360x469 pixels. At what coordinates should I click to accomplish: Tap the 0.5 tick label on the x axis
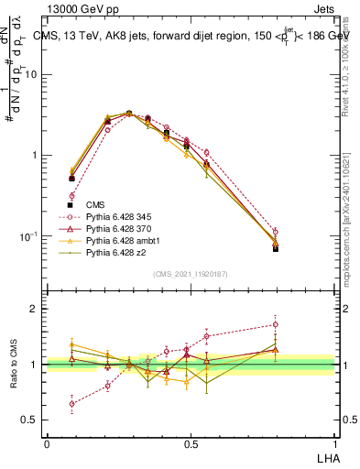point(191,444)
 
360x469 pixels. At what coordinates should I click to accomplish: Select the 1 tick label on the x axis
point(334,444)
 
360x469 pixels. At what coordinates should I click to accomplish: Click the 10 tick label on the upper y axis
point(29,75)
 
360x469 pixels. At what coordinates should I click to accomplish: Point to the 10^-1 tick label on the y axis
point(27,235)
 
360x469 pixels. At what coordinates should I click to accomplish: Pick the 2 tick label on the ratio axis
point(33,310)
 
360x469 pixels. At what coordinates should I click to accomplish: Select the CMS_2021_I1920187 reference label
point(190,273)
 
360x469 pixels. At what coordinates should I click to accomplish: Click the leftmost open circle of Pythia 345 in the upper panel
point(71,196)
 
